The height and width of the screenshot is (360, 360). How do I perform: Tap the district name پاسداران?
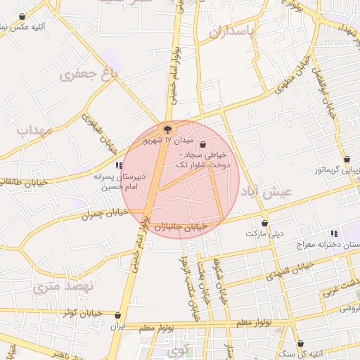pyautogui.click(x=239, y=32)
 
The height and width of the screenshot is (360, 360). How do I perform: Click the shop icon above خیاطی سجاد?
pyautogui.click(x=203, y=144)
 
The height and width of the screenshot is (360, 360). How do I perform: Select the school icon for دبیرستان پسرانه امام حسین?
pyautogui.click(x=119, y=166)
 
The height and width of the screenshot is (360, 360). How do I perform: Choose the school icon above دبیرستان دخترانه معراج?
pyautogui.click(x=334, y=233)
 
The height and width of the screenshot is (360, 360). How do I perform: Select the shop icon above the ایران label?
pyautogui.click(x=117, y=316)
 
